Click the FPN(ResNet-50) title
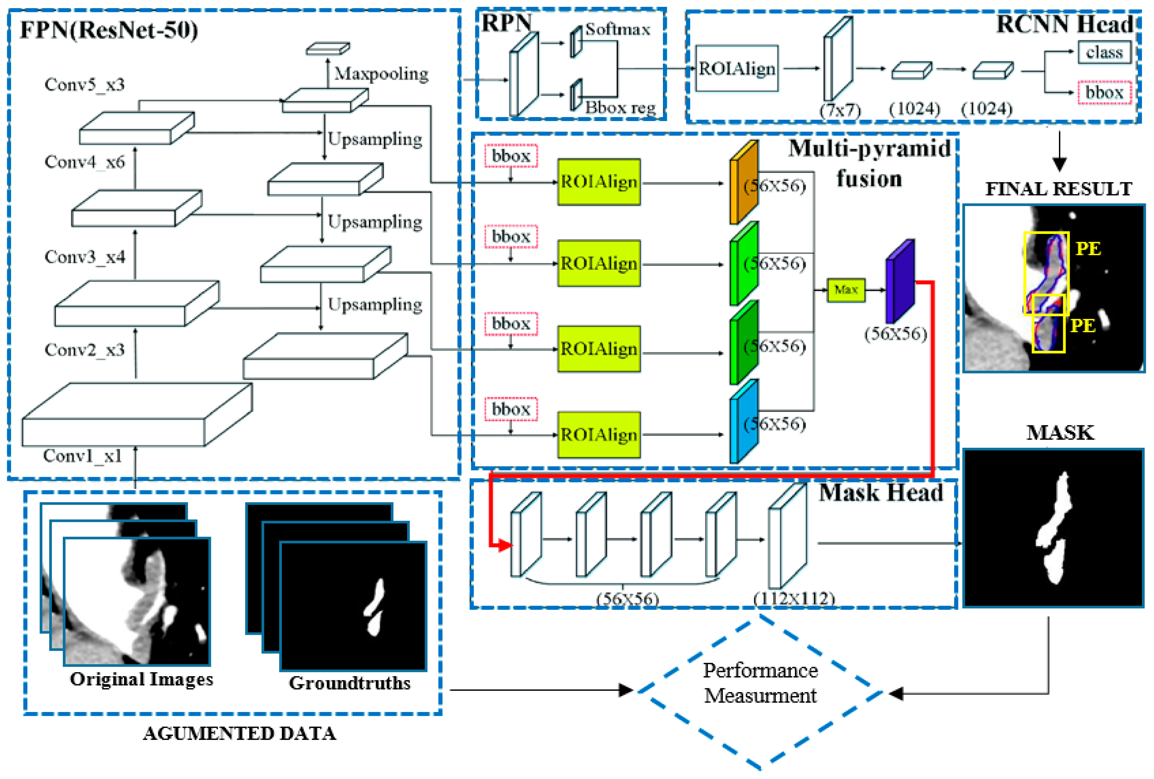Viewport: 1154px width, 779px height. (x=109, y=30)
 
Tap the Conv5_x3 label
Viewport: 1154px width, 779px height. (x=84, y=84)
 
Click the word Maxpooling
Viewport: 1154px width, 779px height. (x=381, y=74)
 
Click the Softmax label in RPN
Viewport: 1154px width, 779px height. (x=617, y=29)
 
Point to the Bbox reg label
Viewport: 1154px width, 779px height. (x=620, y=107)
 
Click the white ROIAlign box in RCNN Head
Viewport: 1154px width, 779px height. (x=736, y=69)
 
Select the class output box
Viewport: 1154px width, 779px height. (x=1104, y=52)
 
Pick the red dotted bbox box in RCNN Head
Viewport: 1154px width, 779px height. (x=1104, y=92)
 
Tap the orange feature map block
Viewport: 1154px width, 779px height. (x=743, y=182)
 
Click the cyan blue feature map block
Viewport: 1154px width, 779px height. (x=743, y=422)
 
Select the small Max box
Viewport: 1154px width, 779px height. (x=845, y=290)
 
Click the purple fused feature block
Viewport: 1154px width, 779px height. (x=900, y=281)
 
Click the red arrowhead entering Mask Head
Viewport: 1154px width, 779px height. (x=504, y=546)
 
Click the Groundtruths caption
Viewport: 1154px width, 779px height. (x=350, y=683)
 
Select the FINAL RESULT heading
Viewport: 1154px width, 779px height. (x=1058, y=189)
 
